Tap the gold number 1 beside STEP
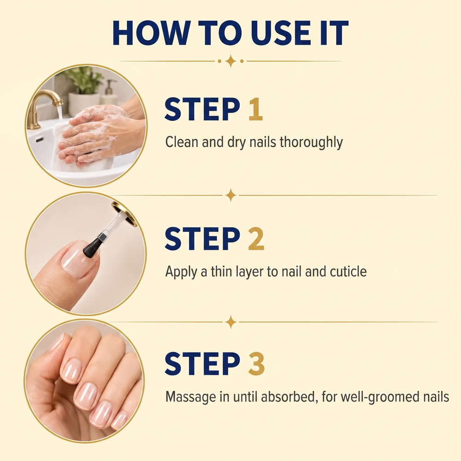point(255,109)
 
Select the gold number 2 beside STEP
point(256,238)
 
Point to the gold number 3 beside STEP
point(256,364)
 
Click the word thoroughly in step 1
point(311,142)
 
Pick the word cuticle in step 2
point(348,272)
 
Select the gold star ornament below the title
point(231,61)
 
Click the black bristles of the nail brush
point(92,248)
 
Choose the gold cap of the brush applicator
point(124,214)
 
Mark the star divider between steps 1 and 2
point(231,195)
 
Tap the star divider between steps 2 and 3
point(231,322)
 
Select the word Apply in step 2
point(181,272)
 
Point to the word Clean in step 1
point(182,142)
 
